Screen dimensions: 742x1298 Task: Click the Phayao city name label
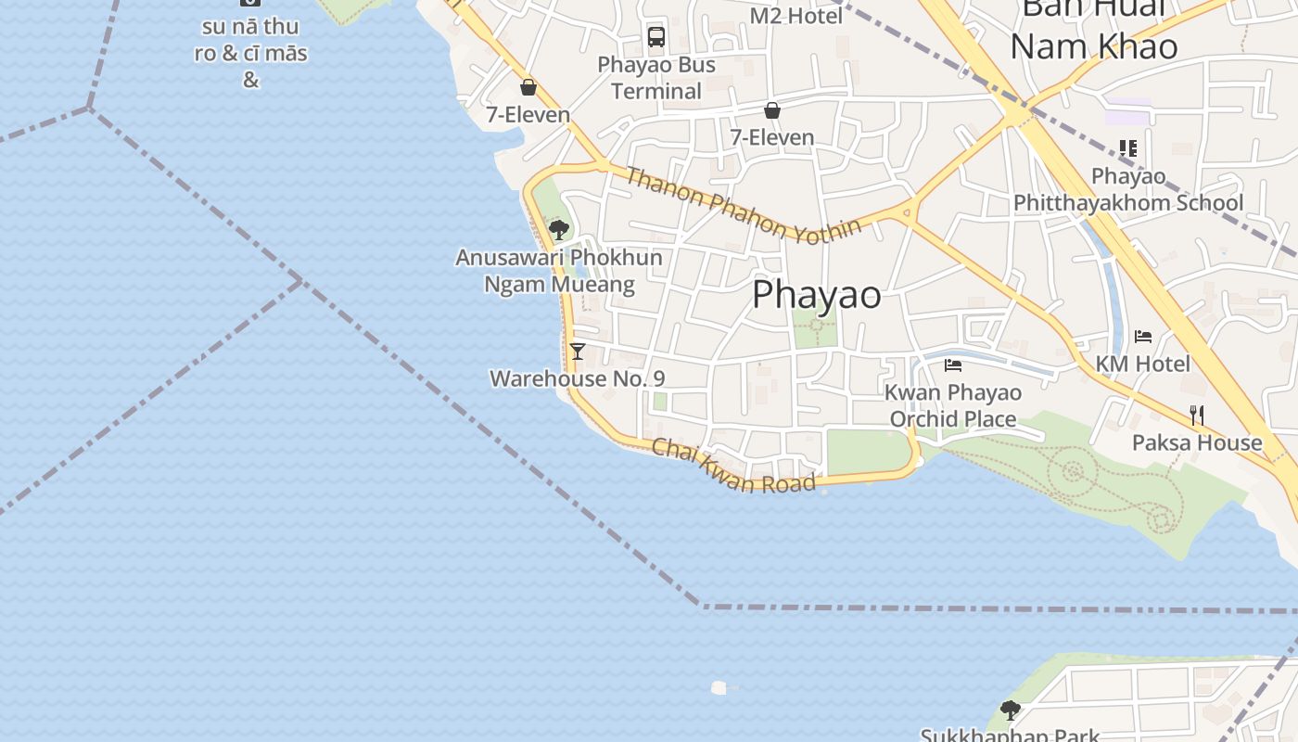(x=816, y=295)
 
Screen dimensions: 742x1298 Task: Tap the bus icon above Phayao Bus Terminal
(x=656, y=37)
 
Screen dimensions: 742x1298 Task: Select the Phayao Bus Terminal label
(x=656, y=78)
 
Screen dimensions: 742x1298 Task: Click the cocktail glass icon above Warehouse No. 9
(x=578, y=351)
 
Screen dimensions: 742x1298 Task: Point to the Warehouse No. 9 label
(x=577, y=378)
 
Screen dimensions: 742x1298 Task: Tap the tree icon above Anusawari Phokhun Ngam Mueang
(x=558, y=229)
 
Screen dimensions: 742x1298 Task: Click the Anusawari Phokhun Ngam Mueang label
(x=559, y=270)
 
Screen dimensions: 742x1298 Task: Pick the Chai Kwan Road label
(x=733, y=466)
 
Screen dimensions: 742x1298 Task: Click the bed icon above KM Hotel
(x=1143, y=337)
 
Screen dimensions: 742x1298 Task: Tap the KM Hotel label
(x=1142, y=364)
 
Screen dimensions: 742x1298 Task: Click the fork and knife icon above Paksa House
(x=1197, y=415)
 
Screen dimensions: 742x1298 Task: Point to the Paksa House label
(x=1197, y=442)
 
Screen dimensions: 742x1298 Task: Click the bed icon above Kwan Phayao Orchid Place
(x=953, y=365)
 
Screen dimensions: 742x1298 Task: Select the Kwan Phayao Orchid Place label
(x=953, y=405)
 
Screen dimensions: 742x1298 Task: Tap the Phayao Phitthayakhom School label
(x=1128, y=189)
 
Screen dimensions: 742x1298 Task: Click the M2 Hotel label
(x=795, y=16)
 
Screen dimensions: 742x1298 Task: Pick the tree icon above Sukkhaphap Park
(x=1011, y=710)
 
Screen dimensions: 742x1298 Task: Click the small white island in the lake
(x=719, y=687)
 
